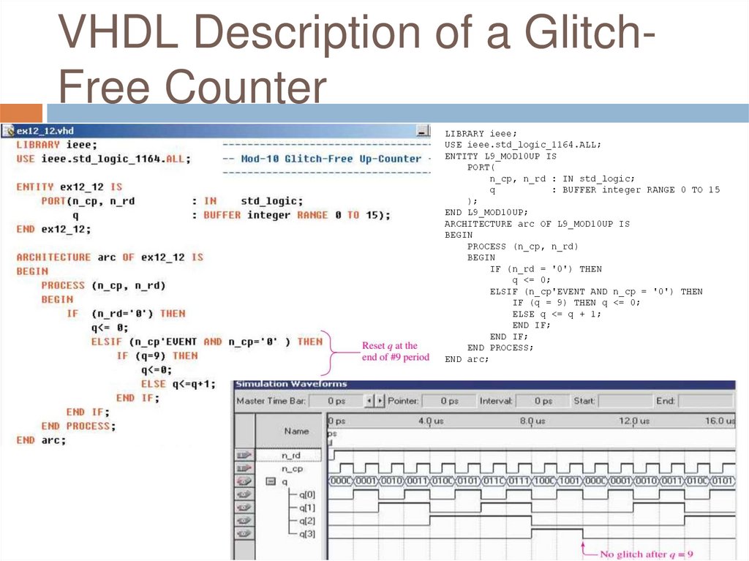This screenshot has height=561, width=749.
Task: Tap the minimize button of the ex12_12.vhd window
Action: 422,131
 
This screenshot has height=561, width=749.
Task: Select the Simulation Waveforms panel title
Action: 291,384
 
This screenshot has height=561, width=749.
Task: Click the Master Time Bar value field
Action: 336,402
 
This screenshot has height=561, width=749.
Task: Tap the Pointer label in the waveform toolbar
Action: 402,402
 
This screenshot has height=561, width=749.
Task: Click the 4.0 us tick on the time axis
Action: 430,421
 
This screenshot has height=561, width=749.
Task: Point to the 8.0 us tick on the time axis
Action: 532,421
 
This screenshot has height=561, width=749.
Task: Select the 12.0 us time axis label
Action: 633,421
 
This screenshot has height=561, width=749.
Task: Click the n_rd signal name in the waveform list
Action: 290,456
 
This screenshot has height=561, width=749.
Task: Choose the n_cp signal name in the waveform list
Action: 292,469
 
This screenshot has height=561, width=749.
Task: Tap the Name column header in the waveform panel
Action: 296,432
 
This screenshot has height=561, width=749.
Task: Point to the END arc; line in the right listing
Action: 466,359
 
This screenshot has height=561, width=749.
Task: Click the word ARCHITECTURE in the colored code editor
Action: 53,257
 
